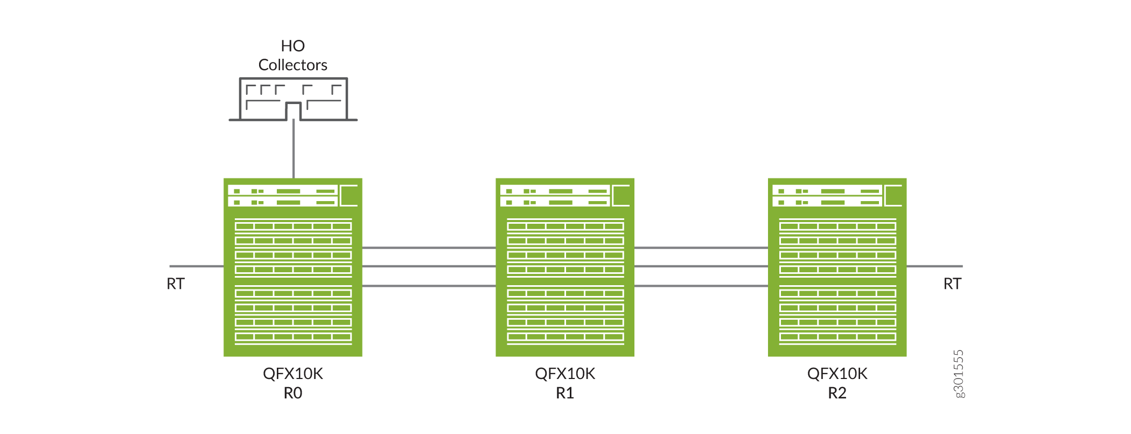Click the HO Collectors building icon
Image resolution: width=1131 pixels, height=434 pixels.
(293, 99)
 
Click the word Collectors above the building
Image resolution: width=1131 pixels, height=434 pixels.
(292, 65)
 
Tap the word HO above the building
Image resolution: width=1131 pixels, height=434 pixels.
(292, 46)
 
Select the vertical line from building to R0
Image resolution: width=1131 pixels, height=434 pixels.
(294, 149)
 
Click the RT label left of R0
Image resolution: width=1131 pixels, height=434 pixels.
(176, 284)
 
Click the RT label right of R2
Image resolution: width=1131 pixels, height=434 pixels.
(952, 284)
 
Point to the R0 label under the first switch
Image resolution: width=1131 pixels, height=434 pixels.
(292, 393)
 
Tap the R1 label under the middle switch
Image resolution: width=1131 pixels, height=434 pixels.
(564, 393)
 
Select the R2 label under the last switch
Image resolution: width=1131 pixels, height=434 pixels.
(837, 393)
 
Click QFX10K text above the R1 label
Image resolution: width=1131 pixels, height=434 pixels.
(564, 374)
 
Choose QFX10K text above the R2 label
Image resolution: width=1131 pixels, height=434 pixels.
(837, 374)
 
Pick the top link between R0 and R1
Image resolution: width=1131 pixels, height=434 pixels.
(429, 248)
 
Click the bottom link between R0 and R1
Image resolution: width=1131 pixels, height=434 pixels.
(429, 286)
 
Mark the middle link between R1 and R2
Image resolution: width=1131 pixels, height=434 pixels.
(701, 266)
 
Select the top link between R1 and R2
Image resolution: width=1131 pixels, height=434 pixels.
(701, 248)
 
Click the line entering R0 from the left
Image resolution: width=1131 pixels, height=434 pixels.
(197, 266)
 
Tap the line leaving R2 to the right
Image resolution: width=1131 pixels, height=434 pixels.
(934, 266)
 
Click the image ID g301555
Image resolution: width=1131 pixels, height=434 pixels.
(959, 374)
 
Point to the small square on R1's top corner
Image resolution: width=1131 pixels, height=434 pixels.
(622, 195)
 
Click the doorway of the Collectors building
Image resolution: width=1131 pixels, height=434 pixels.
(293, 112)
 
